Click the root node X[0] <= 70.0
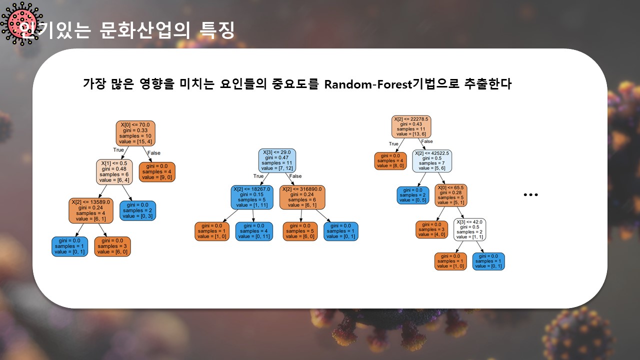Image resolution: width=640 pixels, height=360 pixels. click(135, 132)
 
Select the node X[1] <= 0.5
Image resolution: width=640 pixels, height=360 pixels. click(114, 172)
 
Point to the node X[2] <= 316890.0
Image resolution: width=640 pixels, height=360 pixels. click(302, 197)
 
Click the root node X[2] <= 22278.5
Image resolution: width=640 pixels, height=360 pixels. click(411, 127)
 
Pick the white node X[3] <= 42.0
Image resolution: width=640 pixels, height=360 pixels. click(469, 229)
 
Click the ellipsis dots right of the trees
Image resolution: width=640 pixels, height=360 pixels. click(530, 194)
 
